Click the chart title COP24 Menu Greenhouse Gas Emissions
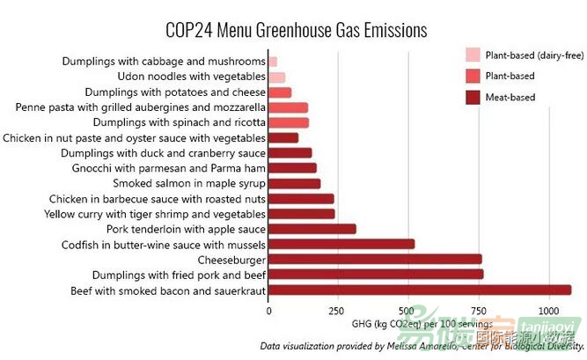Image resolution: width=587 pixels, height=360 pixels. click(296, 30)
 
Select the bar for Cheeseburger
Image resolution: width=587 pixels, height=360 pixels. click(374, 259)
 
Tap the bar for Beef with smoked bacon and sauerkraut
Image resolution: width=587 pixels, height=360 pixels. click(419, 290)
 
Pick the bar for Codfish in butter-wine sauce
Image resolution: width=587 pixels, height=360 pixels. click(341, 244)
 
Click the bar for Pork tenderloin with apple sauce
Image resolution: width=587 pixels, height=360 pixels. click(312, 229)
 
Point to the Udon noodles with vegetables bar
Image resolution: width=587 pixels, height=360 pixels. click(276, 77)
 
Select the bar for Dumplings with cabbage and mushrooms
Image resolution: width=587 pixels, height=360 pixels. click(272, 62)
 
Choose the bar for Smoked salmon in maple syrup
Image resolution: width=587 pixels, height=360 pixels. click(294, 183)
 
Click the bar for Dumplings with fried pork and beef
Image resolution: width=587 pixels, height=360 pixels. click(375, 274)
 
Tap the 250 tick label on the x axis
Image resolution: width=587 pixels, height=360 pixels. click(335, 310)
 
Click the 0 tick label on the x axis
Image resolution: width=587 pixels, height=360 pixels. click(268, 310)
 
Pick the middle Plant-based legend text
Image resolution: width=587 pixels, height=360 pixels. click(510, 76)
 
